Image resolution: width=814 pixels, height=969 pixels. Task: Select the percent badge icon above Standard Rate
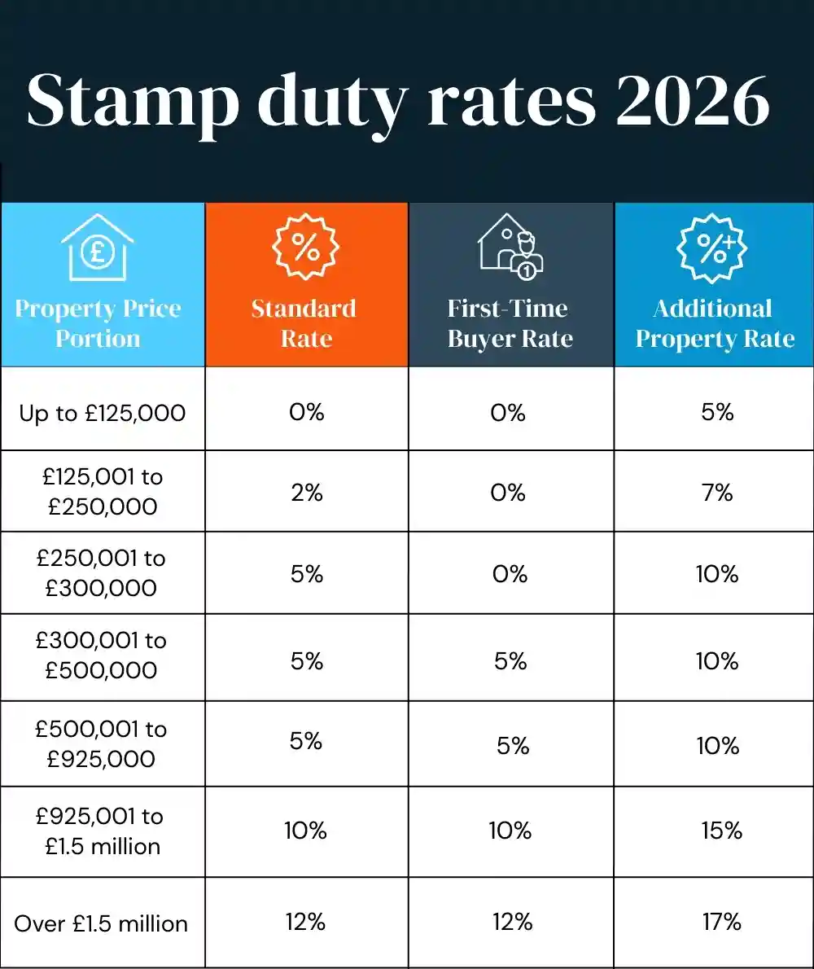point(306,246)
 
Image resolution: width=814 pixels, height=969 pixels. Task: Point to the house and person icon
point(510,247)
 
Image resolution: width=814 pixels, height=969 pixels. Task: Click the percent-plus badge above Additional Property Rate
point(714,246)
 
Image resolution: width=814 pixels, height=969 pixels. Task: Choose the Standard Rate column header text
point(304,323)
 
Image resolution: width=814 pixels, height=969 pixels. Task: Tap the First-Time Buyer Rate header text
point(510,323)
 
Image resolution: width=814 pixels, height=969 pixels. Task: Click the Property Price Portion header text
point(98,323)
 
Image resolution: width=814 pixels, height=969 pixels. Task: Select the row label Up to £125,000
point(103,413)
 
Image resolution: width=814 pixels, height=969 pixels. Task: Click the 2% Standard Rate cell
point(307,492)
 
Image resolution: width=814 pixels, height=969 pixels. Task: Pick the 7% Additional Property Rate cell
point(717,492)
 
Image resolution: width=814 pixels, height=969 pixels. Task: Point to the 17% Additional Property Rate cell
point(721,922)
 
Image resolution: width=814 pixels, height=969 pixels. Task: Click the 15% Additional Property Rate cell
point(721,831)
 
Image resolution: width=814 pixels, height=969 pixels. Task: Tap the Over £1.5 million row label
point(101,923)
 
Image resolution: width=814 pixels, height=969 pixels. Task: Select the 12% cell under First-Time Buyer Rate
point(512,922)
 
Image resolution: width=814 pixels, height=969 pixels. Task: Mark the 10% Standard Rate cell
point(305,831)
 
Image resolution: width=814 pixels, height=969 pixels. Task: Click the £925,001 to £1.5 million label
point(101,831)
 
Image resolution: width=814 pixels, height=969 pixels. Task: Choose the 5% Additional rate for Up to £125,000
point(717,412)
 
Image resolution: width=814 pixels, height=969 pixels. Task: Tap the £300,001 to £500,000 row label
point(101,655)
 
